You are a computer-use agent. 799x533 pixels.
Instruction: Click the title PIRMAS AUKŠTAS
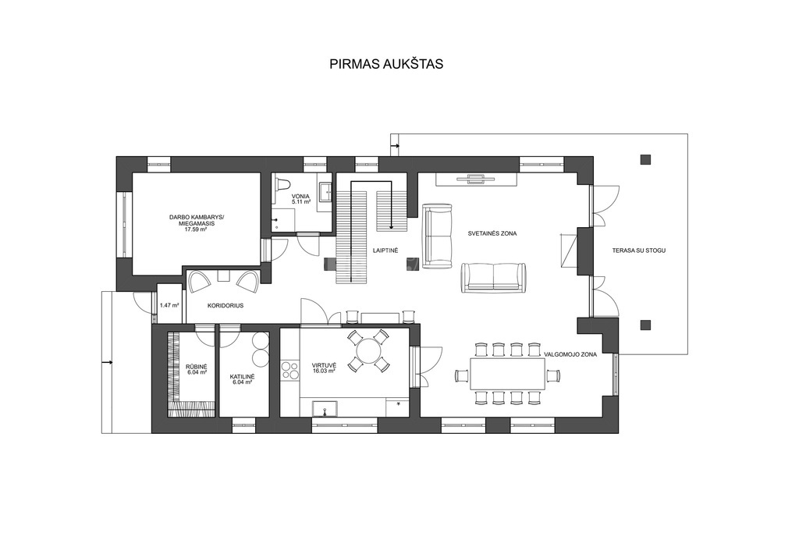(x=385, y=64)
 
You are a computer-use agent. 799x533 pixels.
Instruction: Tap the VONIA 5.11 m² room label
(x=300, y=199)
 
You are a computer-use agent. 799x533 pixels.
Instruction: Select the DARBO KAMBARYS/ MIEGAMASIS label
(x=196, y=223)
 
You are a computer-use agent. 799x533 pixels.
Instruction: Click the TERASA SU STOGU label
(x=639, y=251)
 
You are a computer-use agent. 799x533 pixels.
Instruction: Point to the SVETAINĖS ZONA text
(x=492, y=233)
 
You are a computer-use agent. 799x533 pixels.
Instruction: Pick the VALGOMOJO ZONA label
(x=570, y=354)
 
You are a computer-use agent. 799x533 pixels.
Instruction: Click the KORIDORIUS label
(x=225, y=306)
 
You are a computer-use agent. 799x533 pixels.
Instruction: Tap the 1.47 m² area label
(x=169, y=306)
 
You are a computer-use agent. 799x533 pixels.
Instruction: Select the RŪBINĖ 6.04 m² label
(x=196, y=369)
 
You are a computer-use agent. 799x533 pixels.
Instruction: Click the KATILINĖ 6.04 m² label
(x=242, y=378)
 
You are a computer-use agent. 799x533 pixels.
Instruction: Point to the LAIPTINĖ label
(x=385, y=251)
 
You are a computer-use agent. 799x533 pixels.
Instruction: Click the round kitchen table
(x=369, y=350)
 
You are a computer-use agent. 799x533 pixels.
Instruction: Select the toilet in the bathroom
(x=282, y=185)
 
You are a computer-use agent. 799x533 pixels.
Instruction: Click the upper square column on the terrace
(x=645, y=159)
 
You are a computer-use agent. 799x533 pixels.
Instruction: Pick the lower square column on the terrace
(x=645, y=325)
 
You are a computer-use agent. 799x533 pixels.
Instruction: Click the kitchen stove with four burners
(x=290, y=371)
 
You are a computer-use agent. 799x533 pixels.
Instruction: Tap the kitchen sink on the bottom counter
(x=326, y=408)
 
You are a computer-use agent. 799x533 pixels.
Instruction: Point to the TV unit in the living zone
(x=477, y=179)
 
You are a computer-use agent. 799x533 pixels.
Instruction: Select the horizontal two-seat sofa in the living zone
(x=493, y=278)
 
